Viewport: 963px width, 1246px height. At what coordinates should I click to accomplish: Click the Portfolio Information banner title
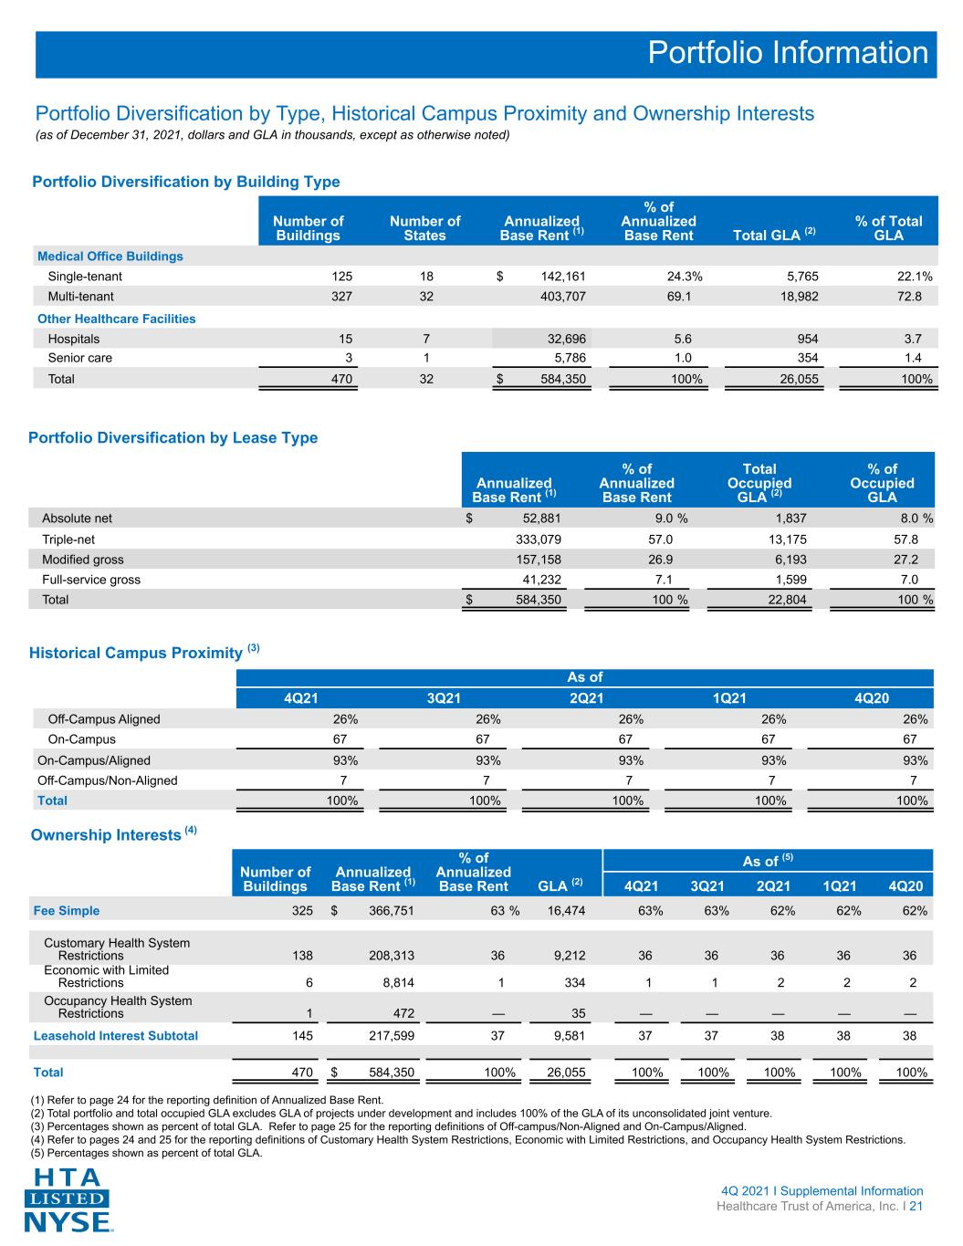788,53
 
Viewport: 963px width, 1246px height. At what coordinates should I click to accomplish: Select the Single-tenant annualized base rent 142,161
563,277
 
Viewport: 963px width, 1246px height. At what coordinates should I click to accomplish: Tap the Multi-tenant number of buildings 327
341,297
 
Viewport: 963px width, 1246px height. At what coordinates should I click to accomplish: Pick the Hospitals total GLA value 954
808,339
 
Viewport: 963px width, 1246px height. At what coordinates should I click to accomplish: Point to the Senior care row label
80,358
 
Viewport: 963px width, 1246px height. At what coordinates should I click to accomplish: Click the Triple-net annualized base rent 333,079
539,539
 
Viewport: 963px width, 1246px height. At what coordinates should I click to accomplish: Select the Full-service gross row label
91,580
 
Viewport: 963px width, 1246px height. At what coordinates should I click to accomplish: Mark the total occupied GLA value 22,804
787,600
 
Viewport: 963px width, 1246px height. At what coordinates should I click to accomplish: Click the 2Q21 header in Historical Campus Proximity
586,697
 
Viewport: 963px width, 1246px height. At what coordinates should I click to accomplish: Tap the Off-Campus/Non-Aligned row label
107,780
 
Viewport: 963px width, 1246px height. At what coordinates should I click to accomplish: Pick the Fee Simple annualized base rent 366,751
391,911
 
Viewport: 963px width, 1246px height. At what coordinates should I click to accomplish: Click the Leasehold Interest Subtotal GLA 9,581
570,1035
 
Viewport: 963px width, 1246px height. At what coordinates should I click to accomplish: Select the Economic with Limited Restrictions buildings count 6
309,983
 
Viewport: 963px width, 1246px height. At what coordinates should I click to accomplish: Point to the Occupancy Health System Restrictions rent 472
403,1013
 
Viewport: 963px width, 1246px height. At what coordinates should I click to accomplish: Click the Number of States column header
424,228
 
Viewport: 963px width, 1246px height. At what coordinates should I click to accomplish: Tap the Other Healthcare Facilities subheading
116,319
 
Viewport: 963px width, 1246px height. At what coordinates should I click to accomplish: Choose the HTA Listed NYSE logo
68,1199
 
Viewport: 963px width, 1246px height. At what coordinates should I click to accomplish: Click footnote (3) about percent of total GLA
388,1126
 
